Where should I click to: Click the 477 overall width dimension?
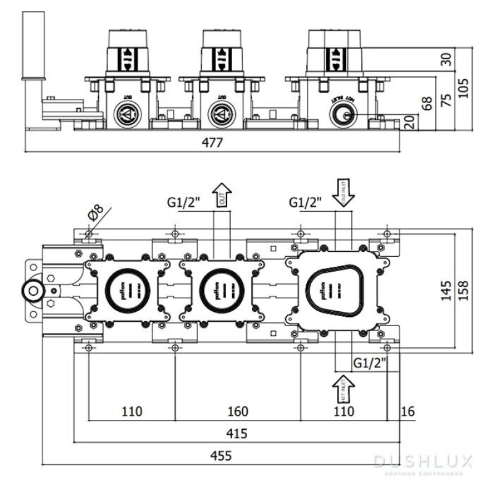pyautogui.click(x=212, y=141)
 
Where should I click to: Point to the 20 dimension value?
pyautogui.click(x=408, y=122)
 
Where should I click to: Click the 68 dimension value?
pyautogui.click(x=427, y=103)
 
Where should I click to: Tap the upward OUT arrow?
pyautogui.click(x=222, y=195)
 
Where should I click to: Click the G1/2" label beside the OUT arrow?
pyautogui.click(x=185, y=202)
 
